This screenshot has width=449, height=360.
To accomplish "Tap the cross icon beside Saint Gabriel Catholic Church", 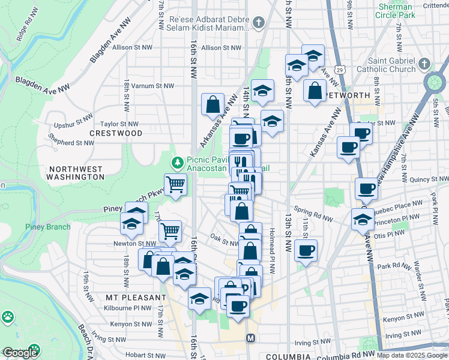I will [424, 64].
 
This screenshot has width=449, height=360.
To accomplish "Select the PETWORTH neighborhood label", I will [348, 95].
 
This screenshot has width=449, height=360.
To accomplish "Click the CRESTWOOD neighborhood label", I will [116, 133].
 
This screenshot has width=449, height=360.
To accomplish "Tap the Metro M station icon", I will [251, 338].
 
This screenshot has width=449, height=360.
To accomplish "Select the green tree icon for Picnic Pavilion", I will [177, 163].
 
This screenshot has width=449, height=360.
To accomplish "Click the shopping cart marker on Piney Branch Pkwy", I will [175, 184].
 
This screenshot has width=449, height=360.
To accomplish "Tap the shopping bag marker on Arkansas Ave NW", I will [213, 104].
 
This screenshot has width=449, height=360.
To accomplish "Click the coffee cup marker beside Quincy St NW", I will [366, 188].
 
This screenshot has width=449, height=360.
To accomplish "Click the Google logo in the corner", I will [20, 353].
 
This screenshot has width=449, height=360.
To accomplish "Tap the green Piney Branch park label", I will [47, 227].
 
